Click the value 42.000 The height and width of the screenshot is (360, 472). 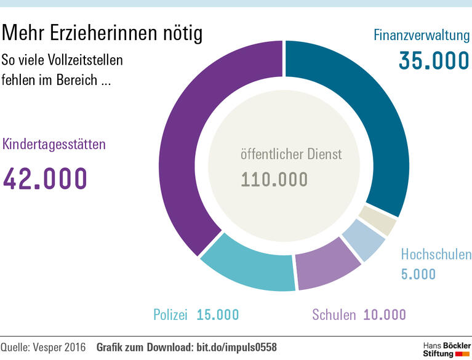click(45, 178)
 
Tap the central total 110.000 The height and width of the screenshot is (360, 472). click(274, 179)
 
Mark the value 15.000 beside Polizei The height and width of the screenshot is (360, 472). click(218, 314)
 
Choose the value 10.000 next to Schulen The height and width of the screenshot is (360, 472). click(385, 314)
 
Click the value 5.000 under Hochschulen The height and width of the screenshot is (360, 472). click(418, 274)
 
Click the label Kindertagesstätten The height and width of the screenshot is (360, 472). click(54, 145)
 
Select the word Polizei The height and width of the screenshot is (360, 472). click(170, 314)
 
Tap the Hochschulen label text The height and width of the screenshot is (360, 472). click(436, 254)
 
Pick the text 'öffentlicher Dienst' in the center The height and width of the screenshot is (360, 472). click(290, 154)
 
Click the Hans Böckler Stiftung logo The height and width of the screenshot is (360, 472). click(446, 348)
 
